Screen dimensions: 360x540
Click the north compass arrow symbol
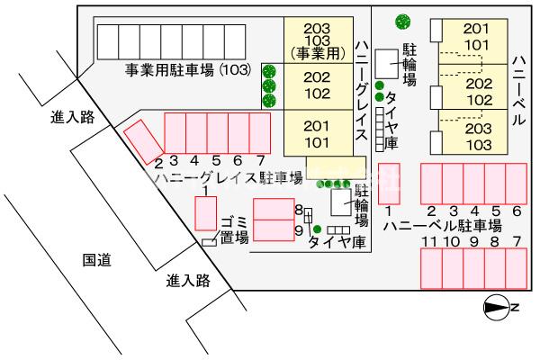click(497, 308)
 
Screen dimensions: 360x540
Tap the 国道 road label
click(96, 260)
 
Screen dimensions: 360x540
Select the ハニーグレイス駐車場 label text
click(228, 177)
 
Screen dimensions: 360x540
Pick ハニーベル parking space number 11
click(431, 269)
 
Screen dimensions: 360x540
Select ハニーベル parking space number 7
click(516, 269)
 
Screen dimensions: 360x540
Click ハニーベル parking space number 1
click(389, 184)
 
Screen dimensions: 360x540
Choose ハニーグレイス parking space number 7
click(260, 133)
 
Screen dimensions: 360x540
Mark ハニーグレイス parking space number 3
click(174, 133)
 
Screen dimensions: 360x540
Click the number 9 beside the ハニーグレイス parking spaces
click(298, 230)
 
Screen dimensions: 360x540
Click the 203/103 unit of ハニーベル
click(478, 137)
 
